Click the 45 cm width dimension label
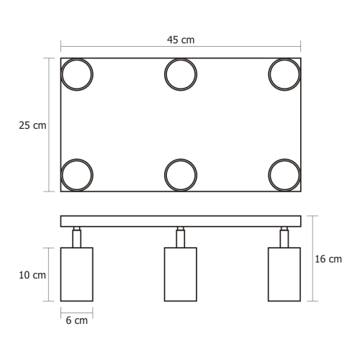tap(180, 40)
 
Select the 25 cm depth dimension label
tap(32, 125)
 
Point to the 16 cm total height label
tap(329, 259)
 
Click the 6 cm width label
tap(76, 320)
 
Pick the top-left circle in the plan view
tap(76, 73)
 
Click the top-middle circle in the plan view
tap(180, 73)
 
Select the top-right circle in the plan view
tap(284, 73)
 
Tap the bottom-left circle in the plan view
tap(76, 175)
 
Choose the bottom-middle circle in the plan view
tap(180, 175)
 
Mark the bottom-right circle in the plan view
tap(284, 175)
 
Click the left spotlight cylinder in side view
tap(76, 274)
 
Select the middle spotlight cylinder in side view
tap(180, 274)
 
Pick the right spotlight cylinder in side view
tap(284, 274)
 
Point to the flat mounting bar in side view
tap(180, 221)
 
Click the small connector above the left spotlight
tap(76, 237)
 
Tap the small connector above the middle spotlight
tap(180, 237)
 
